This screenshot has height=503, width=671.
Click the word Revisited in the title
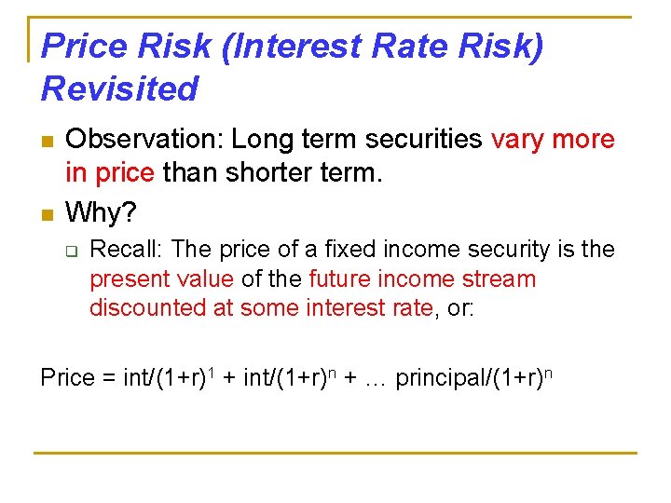tap(120, 88)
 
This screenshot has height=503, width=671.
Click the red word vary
tap(519, 140)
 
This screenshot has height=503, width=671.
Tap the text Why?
tap(102, 213)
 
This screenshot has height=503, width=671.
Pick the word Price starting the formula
tap(68, 378)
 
